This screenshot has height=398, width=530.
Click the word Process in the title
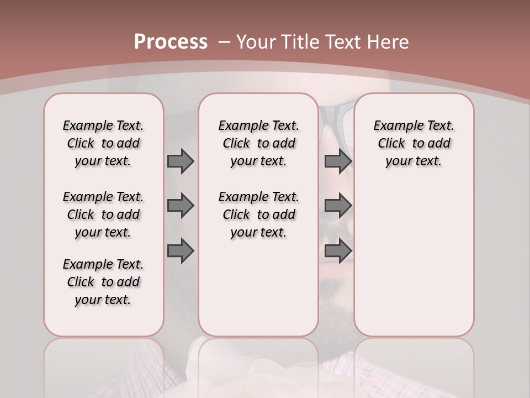point(171,42)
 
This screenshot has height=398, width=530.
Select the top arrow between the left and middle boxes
point(181,161)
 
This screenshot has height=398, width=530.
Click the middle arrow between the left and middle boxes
point(181,206)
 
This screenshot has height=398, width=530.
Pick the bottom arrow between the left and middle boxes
point(181,251)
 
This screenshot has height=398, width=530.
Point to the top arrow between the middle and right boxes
point(338,161)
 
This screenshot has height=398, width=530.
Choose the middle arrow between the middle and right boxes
point(338,206)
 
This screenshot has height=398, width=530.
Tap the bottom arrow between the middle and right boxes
point(338,251)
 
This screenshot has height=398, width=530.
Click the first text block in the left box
point(103,143)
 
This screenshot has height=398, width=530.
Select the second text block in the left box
point(103,214)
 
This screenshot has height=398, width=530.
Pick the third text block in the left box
point(103,282)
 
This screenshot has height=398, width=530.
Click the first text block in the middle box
point(258,143)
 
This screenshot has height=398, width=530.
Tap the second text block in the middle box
point(258,214)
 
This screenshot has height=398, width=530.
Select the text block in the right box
point(414,143)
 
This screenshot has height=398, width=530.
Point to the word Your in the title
point(257,42)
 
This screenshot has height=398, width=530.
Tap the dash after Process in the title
point(224,42)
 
